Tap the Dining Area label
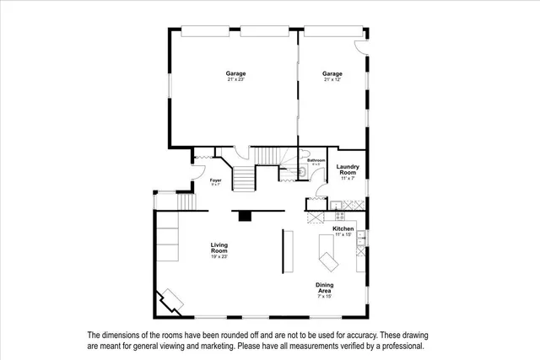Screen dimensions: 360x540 [325, 287]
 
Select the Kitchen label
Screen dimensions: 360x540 [343, 228]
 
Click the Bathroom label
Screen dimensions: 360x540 [316, 160]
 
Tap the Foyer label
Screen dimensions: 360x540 [216, 180]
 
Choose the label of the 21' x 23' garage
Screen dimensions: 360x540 [235, 74]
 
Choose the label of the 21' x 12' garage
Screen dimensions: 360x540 [332, 74]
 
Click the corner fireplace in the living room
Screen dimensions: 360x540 [172, 299]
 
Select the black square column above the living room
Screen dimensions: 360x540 [245, 216]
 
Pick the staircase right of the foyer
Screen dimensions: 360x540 [244, 178]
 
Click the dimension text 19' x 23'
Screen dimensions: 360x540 [219, 256]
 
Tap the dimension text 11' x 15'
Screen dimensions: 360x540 [343, 234]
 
